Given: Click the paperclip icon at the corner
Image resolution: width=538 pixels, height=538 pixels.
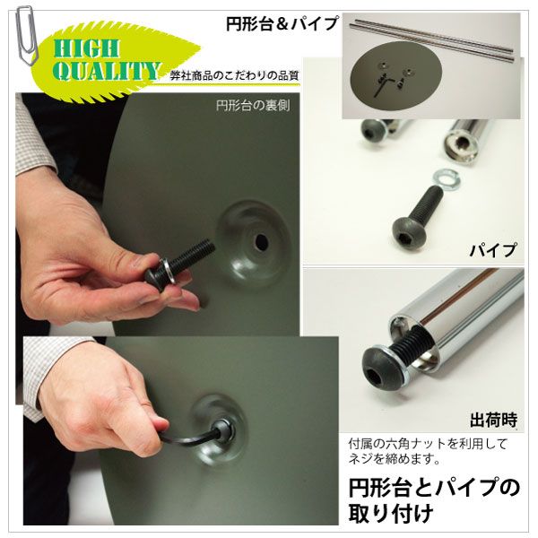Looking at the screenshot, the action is [x=25, y=34].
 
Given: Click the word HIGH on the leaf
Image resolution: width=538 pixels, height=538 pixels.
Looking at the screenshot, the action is [x=86, y=48].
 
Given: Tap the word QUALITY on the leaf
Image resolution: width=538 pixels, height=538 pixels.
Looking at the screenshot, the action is [x=107, y=71].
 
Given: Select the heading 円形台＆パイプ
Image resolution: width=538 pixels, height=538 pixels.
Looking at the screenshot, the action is [x=282, y=23].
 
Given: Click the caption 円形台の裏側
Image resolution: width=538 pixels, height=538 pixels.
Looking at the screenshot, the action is [x=253, y=106].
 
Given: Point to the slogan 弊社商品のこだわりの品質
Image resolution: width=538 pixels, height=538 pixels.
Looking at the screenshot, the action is [x=234, y=76].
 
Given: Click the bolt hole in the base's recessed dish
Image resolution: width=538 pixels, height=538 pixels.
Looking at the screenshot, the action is [x=262, y=242].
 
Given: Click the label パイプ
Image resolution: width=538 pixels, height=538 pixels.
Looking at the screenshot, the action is [x=492, y=249].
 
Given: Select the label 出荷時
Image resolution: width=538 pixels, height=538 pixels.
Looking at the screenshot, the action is [x=493, y=419].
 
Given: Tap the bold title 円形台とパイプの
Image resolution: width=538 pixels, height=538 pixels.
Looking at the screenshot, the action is [x=434, y=488].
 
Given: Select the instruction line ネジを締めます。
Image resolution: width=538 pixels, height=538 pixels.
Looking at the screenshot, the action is [x=395, y=459].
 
